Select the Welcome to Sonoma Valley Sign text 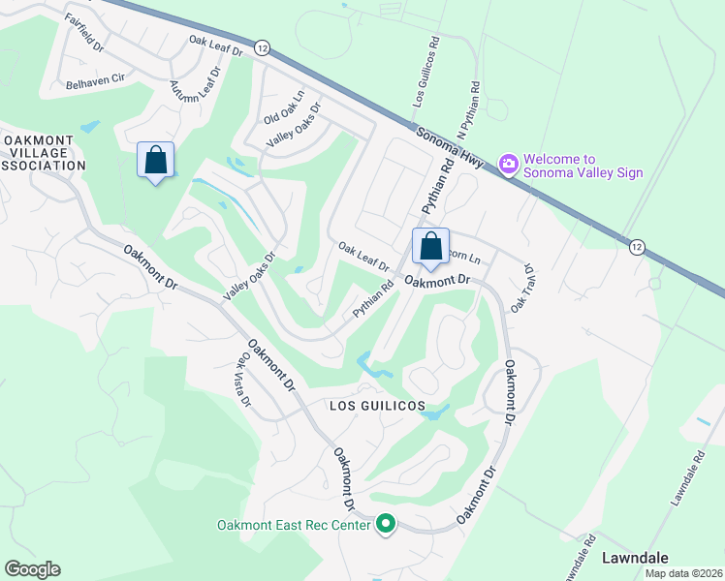click(583, 167)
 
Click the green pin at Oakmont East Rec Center click(386, 525)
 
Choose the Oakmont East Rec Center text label click(293, 526)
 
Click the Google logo click(32, 569)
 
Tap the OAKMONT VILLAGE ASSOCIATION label click(43, 153)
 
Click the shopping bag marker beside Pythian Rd click(430, 246)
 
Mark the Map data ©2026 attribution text click(683, 573)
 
